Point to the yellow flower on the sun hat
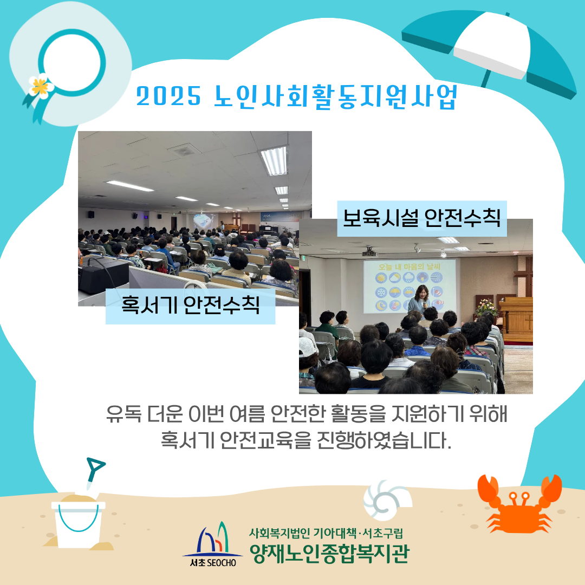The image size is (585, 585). pos(40,86)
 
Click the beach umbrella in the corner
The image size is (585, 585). pos(489,52)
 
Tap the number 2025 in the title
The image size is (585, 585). pos(168,96)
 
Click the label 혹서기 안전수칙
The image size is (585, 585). pos(190,305)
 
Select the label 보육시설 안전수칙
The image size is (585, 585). pos(421,218)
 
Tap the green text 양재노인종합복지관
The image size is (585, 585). pos(329,553)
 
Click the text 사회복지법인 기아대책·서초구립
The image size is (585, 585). pos(326,533)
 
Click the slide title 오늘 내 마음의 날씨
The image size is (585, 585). pos(409,266)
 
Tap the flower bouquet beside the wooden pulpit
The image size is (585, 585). pos(486,308)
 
